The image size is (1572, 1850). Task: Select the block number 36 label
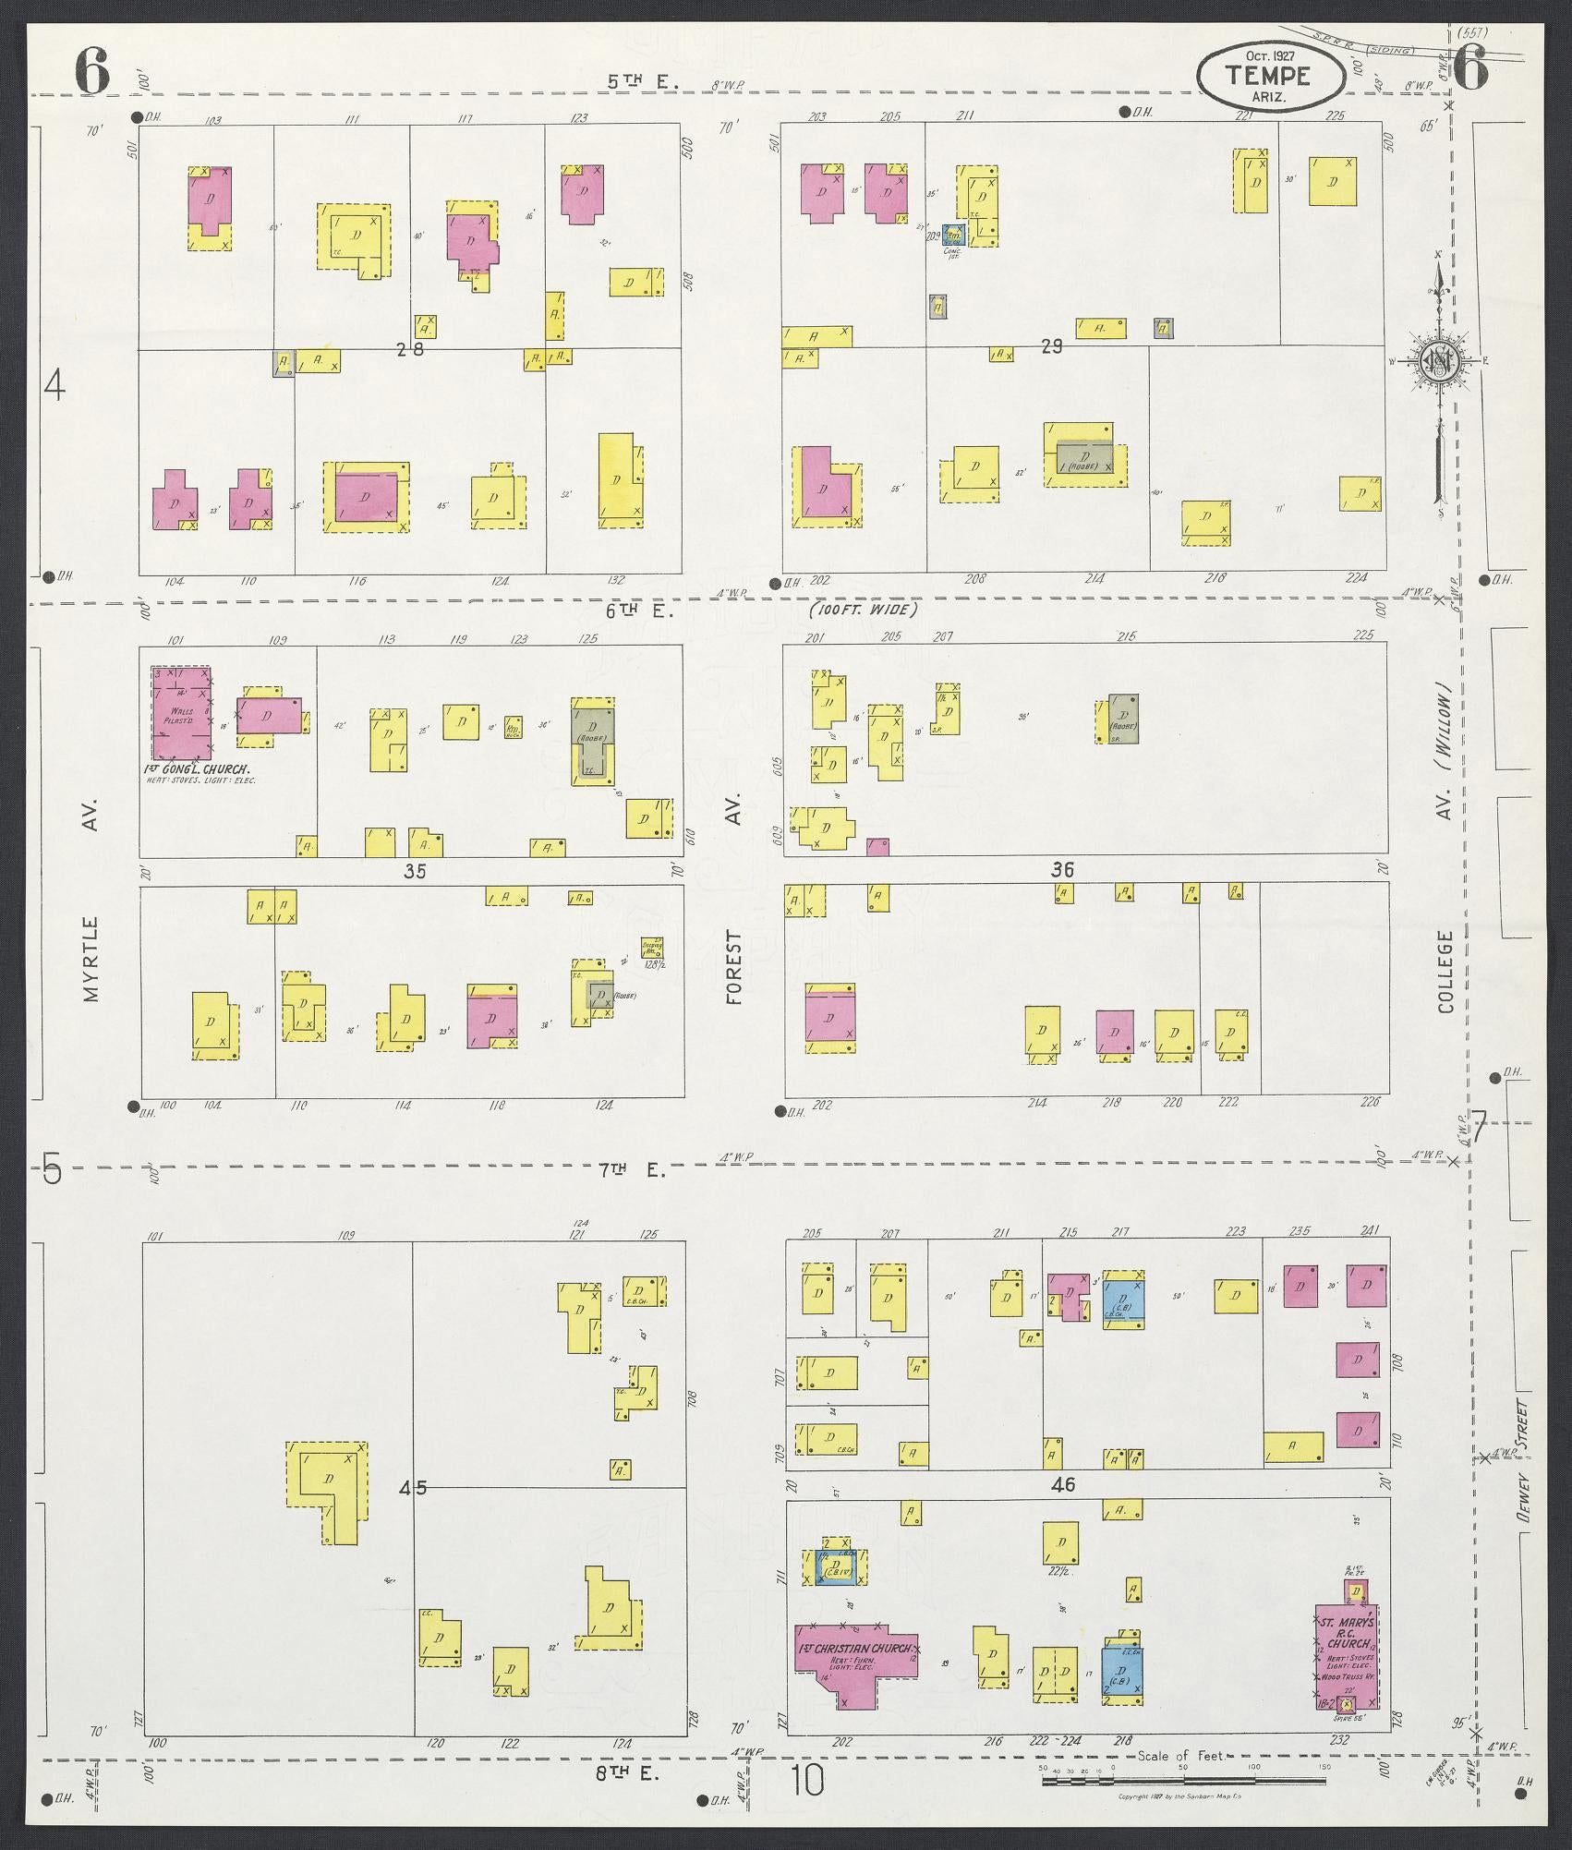[x=1063, y=869]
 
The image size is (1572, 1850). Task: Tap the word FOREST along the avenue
[x=734, y=967]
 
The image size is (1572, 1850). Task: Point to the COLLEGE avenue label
[x=1445, y=972]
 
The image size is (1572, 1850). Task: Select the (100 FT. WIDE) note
[x=864, y=610]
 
